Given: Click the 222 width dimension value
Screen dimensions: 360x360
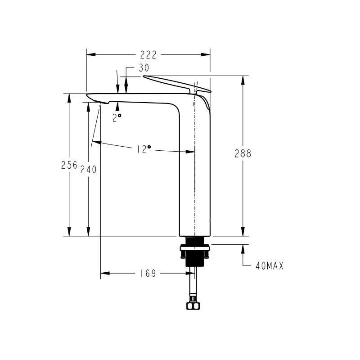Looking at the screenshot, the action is click(x=148, y=55).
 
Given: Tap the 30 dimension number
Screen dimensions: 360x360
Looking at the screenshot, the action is click(x=144, y=68).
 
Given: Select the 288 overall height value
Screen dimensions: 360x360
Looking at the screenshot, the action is click(x=243, y=153).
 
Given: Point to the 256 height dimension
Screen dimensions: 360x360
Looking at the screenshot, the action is click(x=69, y=165).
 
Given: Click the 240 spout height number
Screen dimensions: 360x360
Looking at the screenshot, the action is click(x=88, y=170).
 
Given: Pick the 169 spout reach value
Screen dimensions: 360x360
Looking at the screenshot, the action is click(x=148, y=274).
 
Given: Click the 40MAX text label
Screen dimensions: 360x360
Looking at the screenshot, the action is click(x=270, y=266).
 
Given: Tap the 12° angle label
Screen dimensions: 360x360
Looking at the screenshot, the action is click(x=144, y=149).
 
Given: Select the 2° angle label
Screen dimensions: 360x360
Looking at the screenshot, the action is click(x=117, y=117).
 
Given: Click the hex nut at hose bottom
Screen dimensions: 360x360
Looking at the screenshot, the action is click(x=193, y=306).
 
